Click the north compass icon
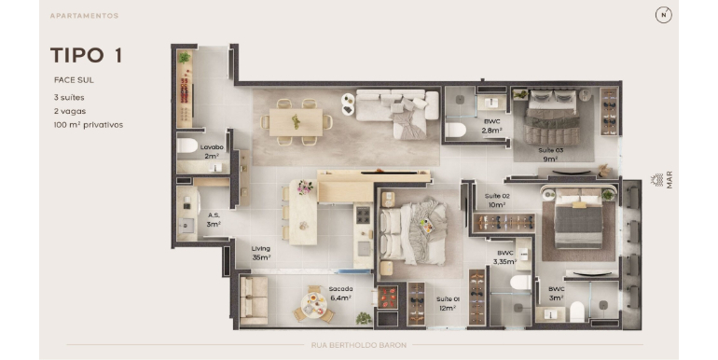coord(663,15)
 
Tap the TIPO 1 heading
coord(86,55)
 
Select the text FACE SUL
coord(74,79)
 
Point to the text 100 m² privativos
coord(89,125)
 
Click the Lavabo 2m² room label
coord(212,152)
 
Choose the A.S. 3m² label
coord(214,220)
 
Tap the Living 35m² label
coord(260,253)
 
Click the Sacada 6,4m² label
coord(340,294)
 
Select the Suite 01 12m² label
coord(448,304)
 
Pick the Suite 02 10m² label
coord(497,201)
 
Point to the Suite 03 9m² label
coord(550,155)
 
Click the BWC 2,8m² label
coord(491,126)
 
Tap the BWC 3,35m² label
coord(505,257)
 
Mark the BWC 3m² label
coord(557,294)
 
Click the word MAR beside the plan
coord(670,180)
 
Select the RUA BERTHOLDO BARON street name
coord(359,345)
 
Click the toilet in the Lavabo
coord(187,145)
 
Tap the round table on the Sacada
coord(314,305)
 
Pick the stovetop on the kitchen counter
coord(363,215)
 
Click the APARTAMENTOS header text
coord(84,16)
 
